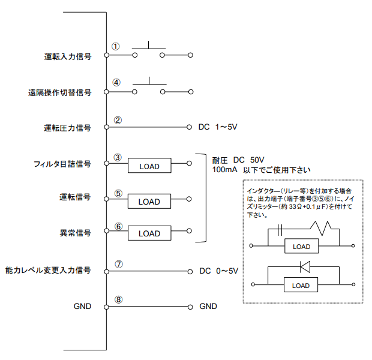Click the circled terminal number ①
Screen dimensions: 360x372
116,46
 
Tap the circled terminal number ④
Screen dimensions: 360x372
116,83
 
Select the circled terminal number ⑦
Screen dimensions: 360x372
118,263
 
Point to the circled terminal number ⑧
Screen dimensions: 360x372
118,299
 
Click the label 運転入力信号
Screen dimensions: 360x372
68,56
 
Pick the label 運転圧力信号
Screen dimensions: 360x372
68,128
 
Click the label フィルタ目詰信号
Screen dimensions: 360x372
63,163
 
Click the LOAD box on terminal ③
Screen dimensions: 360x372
149,166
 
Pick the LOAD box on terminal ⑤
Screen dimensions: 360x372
149,201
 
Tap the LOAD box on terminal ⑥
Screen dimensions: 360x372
149,233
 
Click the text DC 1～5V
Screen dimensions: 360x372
218,127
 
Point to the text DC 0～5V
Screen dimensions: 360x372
218,271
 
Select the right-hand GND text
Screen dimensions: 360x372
208,306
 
